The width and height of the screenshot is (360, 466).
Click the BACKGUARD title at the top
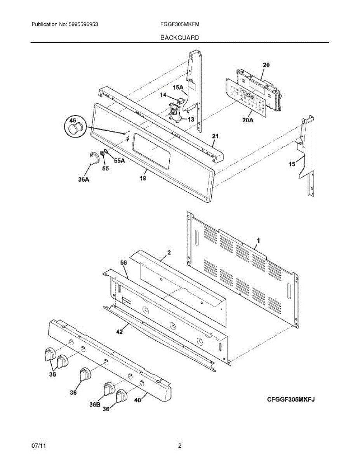coord(180,38)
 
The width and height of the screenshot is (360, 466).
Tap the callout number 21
coord(215,136)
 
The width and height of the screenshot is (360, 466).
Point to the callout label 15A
coord(178,88)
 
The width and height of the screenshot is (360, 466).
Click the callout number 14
coord(163,95)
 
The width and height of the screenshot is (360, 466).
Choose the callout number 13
coord(191,120)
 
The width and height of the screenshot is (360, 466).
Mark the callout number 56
coord(123,263)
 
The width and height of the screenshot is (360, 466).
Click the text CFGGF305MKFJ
coord(290,399)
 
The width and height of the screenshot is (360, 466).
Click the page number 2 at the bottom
coord(179,446)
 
